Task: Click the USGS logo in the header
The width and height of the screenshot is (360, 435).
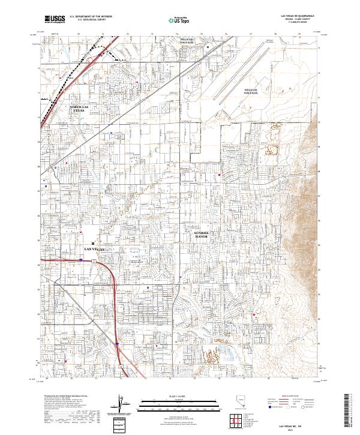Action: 55,19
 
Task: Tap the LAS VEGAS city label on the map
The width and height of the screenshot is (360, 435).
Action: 95,248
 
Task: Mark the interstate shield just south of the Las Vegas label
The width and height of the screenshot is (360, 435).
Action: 80,260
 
